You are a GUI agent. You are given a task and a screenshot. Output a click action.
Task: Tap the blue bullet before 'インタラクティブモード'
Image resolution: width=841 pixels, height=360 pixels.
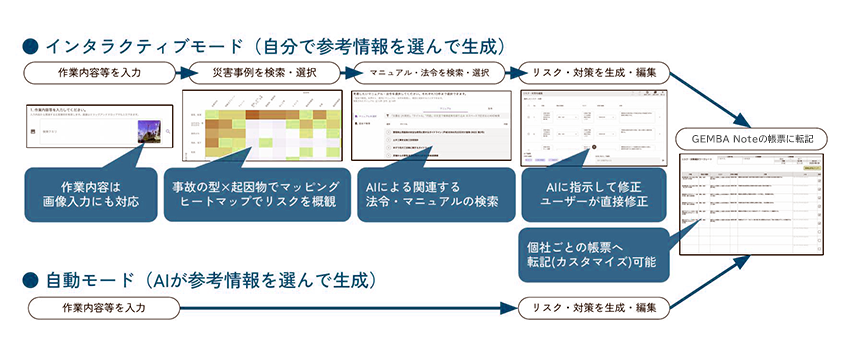[29, 46]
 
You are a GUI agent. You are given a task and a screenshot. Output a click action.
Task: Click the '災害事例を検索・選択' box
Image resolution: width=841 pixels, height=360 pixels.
[266, 73]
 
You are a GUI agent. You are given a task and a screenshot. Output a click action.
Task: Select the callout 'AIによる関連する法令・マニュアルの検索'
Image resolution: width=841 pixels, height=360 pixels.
[431, 194]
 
